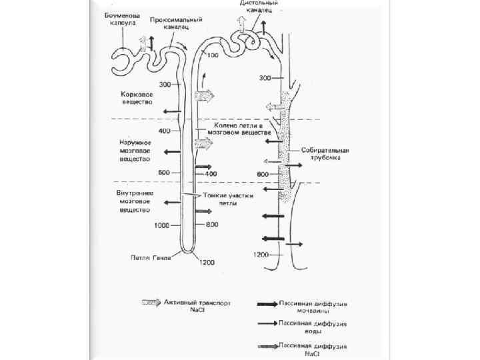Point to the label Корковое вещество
click(136, 99)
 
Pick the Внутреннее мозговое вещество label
click(135, 201)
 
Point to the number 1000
click(161, 225)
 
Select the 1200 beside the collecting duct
click(261, 255)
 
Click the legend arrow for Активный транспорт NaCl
click(151, 302)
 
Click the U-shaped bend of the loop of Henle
click(189, 251)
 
